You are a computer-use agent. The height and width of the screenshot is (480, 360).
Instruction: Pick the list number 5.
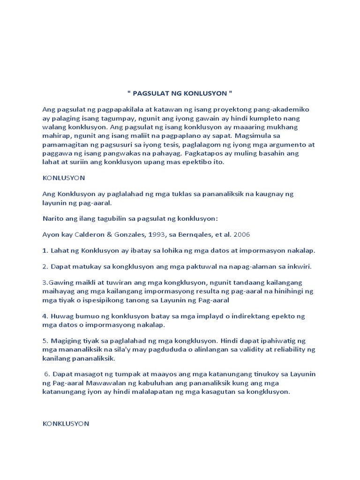[45, 341]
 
